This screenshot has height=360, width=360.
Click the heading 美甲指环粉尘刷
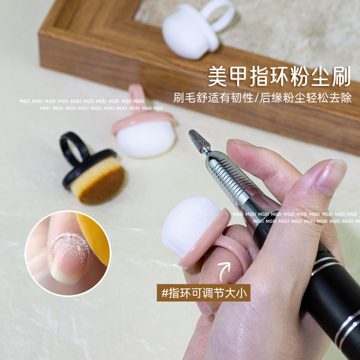pyautogui.click(x=279, y=76)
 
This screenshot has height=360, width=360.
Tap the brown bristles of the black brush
pyautogui.click(x=97, y=183)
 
